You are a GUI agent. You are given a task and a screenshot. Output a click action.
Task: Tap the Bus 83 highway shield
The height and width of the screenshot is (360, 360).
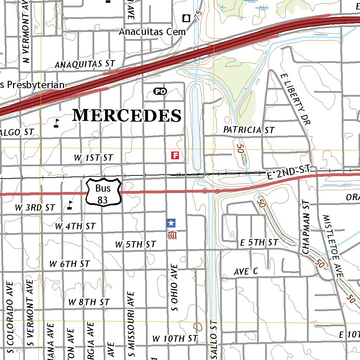(x=104, y=192)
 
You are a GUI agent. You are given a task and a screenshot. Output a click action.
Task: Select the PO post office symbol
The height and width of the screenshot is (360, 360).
(x=160, y=91)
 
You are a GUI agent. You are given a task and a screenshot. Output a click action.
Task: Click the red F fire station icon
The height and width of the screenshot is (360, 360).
(x=175, y=155)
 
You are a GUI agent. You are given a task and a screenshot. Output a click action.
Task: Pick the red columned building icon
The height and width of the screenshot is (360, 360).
(x=172, y=235)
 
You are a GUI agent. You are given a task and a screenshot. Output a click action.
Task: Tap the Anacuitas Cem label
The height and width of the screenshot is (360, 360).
(x=152, y=32)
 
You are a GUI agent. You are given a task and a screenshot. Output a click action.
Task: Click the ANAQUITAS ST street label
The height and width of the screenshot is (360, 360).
(x=85, y=64)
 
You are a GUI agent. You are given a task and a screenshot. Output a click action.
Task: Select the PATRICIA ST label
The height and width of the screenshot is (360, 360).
(x=249, y=130)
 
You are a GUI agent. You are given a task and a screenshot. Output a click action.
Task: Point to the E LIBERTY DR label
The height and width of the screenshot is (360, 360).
(x=296, y=99)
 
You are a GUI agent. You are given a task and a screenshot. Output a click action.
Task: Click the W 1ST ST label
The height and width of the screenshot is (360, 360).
(x=93, y=158)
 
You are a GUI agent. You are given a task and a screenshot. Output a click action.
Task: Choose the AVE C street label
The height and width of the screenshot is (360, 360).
(x=246, y=271)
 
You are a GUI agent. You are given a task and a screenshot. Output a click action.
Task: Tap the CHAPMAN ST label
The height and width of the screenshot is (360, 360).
(x=306, y=227)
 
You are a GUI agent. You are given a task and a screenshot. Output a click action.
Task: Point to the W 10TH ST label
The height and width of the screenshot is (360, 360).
(x=174, y=339)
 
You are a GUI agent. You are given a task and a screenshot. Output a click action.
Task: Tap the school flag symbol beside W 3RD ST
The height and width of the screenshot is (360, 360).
(x=70, y=205)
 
